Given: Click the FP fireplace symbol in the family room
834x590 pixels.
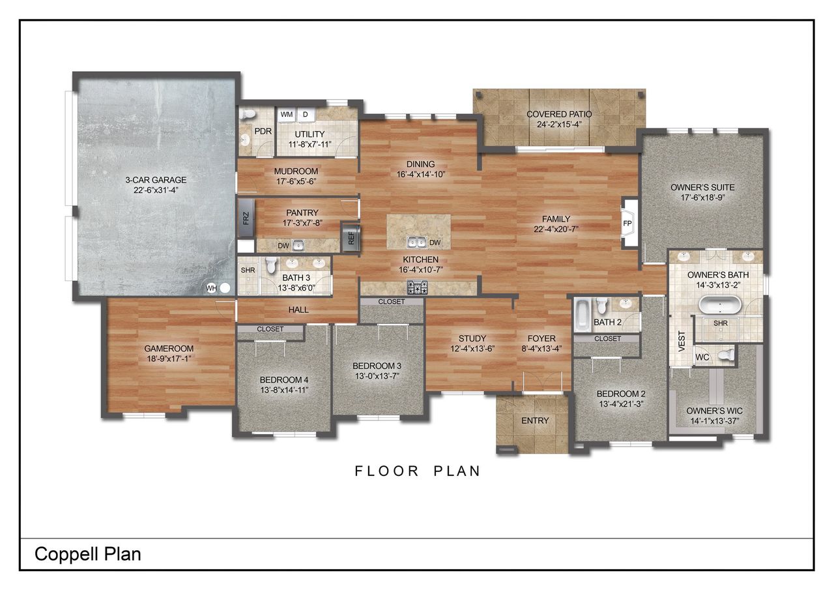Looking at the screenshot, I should [x=628, y=223].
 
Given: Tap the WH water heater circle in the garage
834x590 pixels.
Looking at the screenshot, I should [x=225, y=287].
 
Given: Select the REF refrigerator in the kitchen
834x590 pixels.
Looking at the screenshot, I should [x=351, y=238].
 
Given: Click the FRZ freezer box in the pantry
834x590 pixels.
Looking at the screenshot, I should [x=246, y=218].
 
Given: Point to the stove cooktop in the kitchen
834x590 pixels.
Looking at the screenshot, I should [x=416, y=286].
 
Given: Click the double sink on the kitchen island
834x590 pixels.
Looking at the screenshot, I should [x=417, y=243].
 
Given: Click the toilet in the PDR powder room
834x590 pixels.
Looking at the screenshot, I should [x=247, y=114].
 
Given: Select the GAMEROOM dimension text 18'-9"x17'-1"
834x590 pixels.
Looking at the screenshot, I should [x=169, y=359].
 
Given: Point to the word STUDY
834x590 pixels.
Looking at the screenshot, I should [x=472, y=338].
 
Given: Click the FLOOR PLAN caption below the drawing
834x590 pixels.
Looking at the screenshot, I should [x=418, y=471].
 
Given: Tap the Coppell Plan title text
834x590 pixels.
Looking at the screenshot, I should [x=88, y=554].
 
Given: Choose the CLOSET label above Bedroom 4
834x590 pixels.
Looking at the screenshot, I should [x=270, y=329].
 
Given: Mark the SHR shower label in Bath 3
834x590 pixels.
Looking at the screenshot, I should [x=248, y=270].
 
